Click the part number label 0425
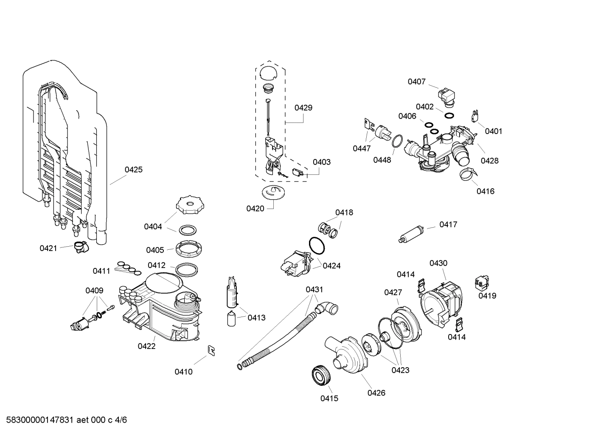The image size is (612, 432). [x=133, y=170]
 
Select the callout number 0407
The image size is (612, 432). [x=416, y=81]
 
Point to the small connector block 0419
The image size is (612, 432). [x=482, y=282]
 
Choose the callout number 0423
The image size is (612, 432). [x=400, y=370]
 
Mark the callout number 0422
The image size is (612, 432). [x=146, y=346]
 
